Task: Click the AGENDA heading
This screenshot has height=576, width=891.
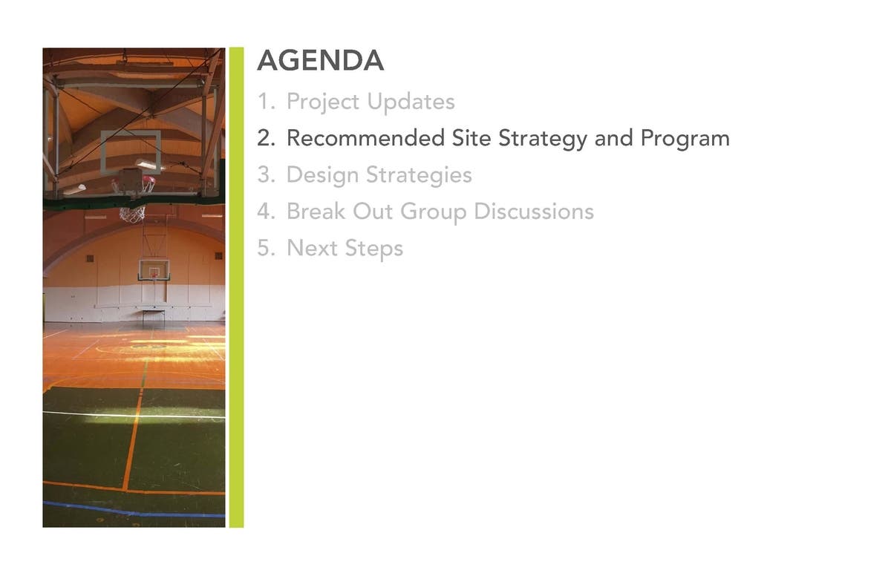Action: coord(321,60)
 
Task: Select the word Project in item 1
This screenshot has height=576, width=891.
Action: coord(323,102)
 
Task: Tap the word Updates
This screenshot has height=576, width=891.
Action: coord(411,102)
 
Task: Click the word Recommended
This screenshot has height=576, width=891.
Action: coord(365,138)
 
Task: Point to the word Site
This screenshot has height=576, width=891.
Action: coord(471,138)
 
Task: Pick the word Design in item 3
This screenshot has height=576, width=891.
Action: coord(322,176)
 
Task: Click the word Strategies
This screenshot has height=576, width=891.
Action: coord(419,176)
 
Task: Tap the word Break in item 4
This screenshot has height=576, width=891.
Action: coord(316,211)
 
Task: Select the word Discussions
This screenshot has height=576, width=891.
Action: coord(534,211)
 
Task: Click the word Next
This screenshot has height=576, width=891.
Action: coord(313,248)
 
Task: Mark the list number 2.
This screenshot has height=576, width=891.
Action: coord(266,138)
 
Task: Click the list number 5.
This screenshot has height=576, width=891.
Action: coord(266,248)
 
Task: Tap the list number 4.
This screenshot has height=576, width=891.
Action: coord(266,211)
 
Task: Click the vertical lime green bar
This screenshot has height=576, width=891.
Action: coord(236,287)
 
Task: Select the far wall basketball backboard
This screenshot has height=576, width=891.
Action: coord(154,270)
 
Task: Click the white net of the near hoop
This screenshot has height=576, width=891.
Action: coord(132,215)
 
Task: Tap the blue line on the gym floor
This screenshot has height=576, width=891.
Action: coord(134,510)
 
